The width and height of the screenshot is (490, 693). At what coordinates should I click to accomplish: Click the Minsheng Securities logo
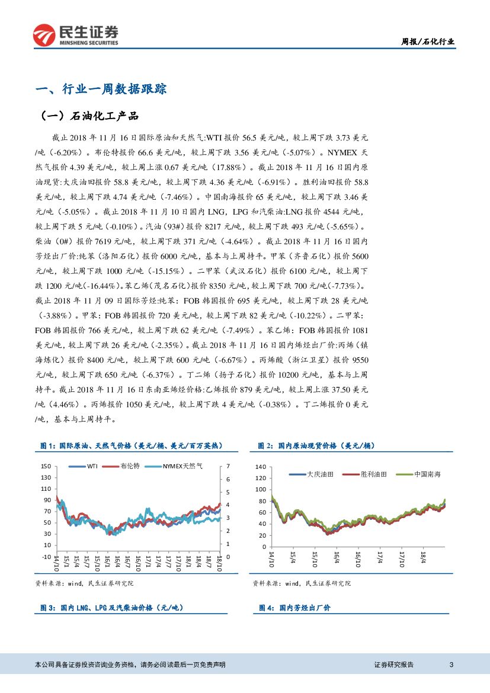pos(76,35)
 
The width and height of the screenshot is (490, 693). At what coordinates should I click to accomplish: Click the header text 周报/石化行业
pos(428,41)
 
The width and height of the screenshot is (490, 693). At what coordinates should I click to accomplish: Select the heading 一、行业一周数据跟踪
pos(101,90)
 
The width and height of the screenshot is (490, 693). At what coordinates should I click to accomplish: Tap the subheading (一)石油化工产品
pos(89,116)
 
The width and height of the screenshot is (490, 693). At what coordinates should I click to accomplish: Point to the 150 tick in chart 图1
pos(46,467)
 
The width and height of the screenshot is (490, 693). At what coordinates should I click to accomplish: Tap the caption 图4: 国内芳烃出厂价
pos(294,608)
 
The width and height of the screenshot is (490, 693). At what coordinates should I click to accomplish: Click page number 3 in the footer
pos(451,665)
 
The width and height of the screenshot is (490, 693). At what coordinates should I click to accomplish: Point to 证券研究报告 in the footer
pos(394,665)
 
